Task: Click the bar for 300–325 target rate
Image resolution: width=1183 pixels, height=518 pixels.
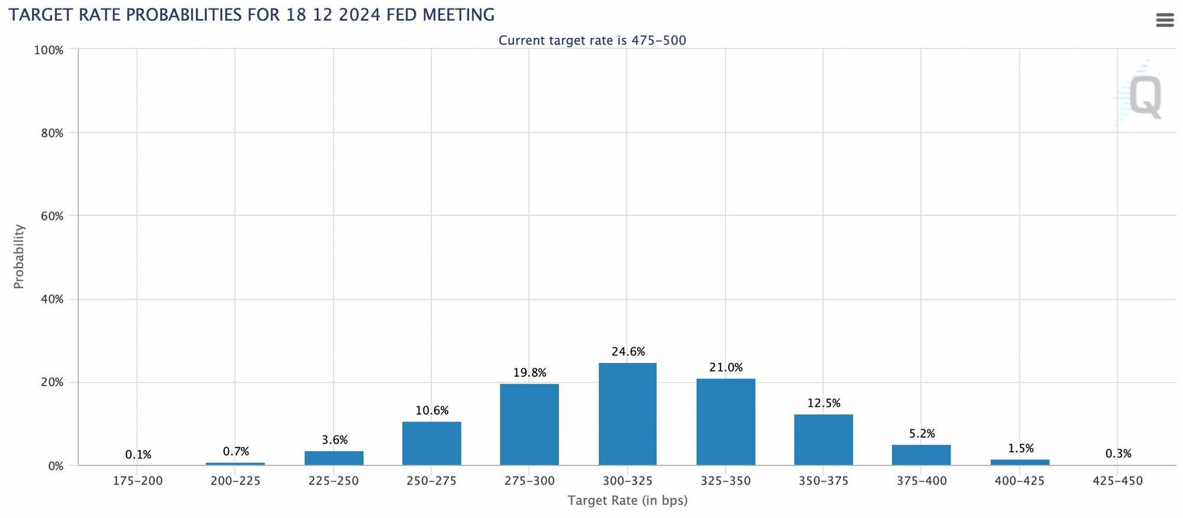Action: [x=628, y=414]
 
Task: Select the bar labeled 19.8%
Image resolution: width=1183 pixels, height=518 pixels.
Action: [x=529, y=425]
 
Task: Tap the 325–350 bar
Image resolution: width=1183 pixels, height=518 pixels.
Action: [x=726, y=422]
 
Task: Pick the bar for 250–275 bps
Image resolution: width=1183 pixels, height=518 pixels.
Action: [x=432, y=443]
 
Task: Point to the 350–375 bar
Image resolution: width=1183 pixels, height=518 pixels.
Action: [x=823, y=440]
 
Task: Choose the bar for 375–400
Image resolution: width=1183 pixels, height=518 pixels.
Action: [x=921, y=455]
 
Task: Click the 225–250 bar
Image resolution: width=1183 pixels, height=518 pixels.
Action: [x=334, y=458]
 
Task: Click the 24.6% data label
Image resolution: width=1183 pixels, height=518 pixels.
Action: [x=628, y=352]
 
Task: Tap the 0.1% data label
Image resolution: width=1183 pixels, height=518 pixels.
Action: [x=138, y=455]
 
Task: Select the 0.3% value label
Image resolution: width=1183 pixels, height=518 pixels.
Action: [x=1118, y=454]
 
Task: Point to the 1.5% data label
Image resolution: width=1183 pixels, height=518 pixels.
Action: [x=1021, y=449]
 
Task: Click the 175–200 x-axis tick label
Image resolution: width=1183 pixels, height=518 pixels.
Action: [x=137, y=481]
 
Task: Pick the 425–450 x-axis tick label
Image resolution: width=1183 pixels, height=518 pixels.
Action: [x=1118, y=481]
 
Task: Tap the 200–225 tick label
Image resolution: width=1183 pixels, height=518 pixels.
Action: [x=235, y=481]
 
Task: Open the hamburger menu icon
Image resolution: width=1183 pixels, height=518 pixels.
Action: [x=1165, y=21]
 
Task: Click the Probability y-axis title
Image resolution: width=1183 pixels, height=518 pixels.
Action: [x=19, y=256]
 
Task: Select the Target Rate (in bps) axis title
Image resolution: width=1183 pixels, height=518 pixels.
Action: [x=628, y=501]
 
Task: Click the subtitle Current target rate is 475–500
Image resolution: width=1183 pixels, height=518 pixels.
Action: [x=592, y=41]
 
